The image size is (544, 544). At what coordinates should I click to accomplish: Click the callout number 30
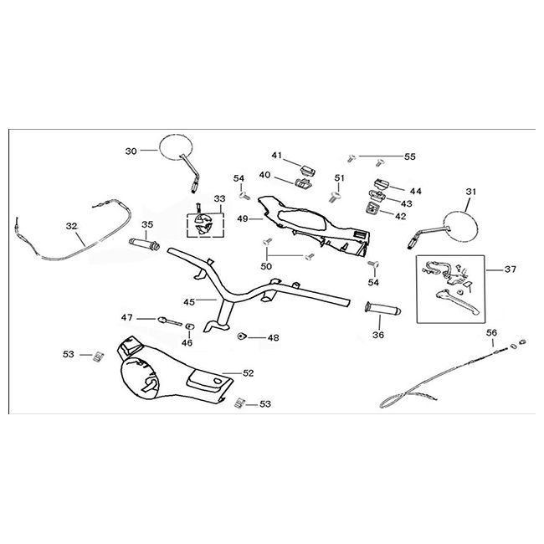tap(131, 151)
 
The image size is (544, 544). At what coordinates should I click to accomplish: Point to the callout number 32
tap(71, 226)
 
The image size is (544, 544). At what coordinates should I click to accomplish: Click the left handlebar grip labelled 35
tap(143, 244)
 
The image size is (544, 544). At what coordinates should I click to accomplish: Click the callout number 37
tap(510, 269)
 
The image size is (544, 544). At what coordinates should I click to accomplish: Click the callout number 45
tap(189, 302)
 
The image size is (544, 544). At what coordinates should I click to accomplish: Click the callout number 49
tap(243, 218)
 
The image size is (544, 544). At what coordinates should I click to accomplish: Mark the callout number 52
tap(249, 372)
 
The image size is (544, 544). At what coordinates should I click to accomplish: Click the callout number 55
tap(409, 157)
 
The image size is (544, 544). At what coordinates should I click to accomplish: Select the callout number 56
tap(491, 332)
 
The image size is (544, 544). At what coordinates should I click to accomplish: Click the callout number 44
tap(415, 191)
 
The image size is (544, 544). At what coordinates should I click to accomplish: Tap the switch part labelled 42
tap(372, 213)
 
